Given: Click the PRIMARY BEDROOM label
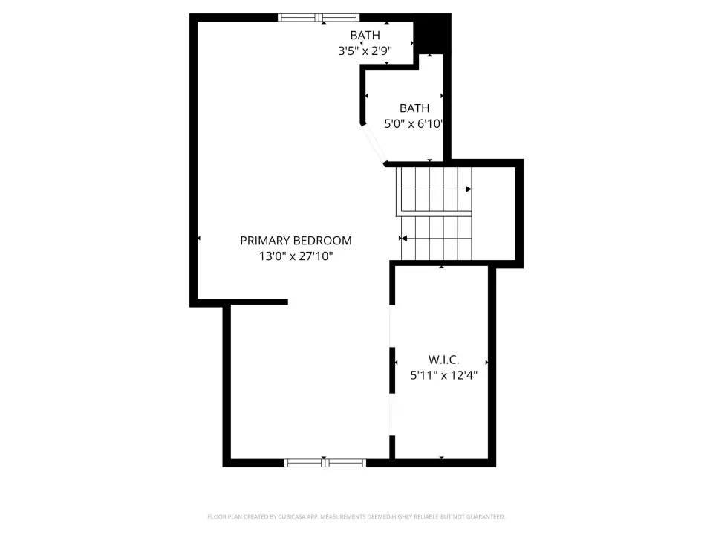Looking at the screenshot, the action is click(296, 240).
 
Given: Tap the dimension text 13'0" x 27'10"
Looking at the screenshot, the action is click(296, 256).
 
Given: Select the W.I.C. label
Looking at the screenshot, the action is click(444, 360).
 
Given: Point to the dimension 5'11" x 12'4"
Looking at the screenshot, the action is click(444, 375).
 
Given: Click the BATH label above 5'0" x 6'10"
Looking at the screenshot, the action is click(414, 108).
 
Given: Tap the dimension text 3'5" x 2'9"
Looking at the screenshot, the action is click(365, 51).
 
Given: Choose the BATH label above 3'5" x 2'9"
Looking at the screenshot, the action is click(365, 35).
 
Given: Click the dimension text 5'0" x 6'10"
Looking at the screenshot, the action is click(414, 124).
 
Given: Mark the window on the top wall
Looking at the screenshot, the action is click(319, 18).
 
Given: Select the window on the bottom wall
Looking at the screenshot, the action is click(325, 463).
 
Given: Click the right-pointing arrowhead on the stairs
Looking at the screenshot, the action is click(469, 189).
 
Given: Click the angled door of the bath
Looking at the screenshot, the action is click(374, 143).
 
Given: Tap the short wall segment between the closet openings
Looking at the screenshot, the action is click(392, 370).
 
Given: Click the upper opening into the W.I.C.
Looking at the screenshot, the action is click(392, 326).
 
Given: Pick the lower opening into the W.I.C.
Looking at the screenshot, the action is click(392, 415).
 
